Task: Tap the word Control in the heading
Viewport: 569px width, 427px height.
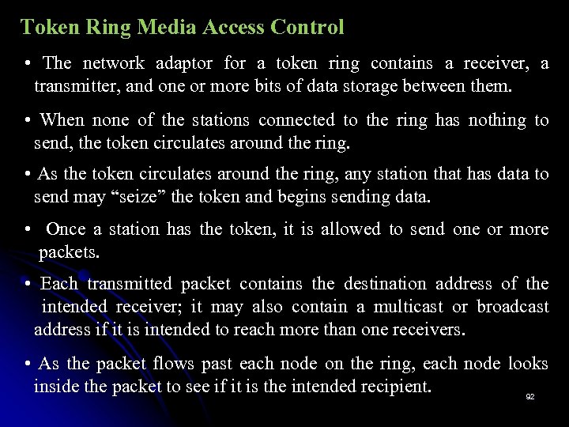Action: point(307,28)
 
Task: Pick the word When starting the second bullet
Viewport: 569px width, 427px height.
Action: point(62,121)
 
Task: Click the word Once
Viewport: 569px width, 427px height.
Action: point(66,229)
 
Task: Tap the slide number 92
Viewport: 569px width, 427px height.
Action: point(529,396)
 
